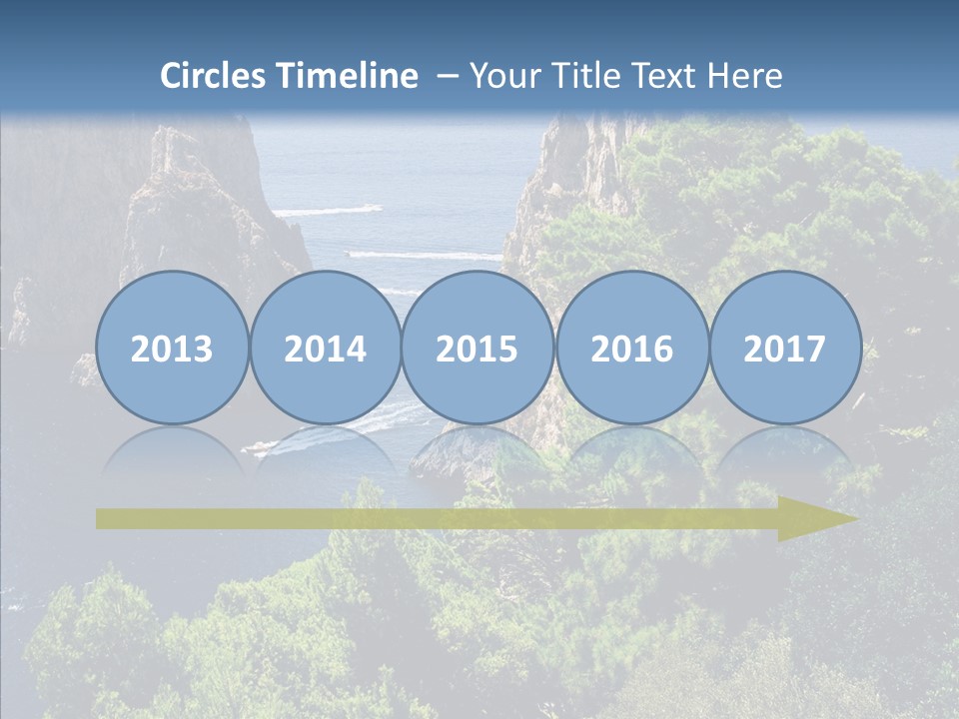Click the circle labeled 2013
tap(172, 349)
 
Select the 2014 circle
tap(326, 349)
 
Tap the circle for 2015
tap(478, 349)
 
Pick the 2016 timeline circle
tap(632, 349)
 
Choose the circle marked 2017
tap(785, 349)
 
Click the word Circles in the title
tap(214, 76)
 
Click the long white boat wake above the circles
tap(425, 256)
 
